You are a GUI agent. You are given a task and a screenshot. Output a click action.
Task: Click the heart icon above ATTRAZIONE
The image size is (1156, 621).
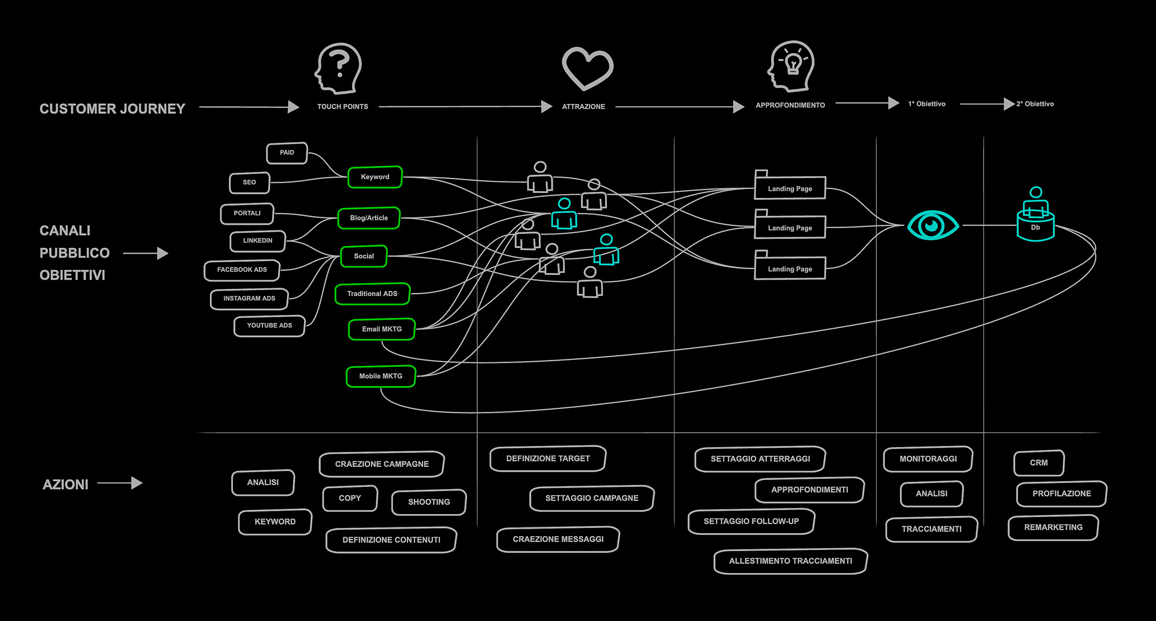(x=587, y=68)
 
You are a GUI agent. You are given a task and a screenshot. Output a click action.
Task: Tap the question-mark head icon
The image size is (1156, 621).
(x=339, y=68)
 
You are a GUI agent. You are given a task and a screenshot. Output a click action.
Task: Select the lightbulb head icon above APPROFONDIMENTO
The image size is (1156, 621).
(x=791, y=66)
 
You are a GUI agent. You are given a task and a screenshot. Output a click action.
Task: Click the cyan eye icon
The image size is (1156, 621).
(x=932, y=225)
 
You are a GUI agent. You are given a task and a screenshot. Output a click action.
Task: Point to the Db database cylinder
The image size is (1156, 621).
(x=1035, y=226)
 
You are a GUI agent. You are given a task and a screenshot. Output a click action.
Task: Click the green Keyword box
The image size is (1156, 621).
(x=375, y=177)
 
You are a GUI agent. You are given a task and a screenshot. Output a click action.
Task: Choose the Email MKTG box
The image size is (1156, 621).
(x=381, y=329)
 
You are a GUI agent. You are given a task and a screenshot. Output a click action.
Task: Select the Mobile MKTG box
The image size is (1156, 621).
(x=380, y=376)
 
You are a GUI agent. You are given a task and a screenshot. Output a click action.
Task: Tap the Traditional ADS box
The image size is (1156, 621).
(x=372, y=293)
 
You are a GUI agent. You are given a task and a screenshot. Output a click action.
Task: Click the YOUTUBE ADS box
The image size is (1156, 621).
(x=269, y=326)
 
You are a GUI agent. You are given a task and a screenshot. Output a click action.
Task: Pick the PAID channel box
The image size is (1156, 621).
(x=287, y=153)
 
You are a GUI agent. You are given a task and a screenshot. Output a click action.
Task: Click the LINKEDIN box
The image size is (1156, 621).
(x=258, y=241)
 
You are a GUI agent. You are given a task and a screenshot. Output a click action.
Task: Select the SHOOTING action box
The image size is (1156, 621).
(x=429, y=502)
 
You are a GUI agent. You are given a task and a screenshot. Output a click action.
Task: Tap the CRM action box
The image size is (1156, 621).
(x=1039, y=463)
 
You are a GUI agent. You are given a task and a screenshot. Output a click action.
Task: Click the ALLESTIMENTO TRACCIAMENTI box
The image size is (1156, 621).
(x=790, y=561)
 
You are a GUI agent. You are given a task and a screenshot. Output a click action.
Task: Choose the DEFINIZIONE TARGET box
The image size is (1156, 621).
(x=548, y=459)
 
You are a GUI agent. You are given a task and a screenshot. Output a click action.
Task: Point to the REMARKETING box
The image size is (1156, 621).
(x=1053, y=527)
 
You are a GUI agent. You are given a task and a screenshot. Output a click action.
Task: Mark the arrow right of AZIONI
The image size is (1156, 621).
(x=120, y=483)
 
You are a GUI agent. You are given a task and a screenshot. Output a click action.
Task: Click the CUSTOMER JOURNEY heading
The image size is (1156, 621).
(x=112, y=109)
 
